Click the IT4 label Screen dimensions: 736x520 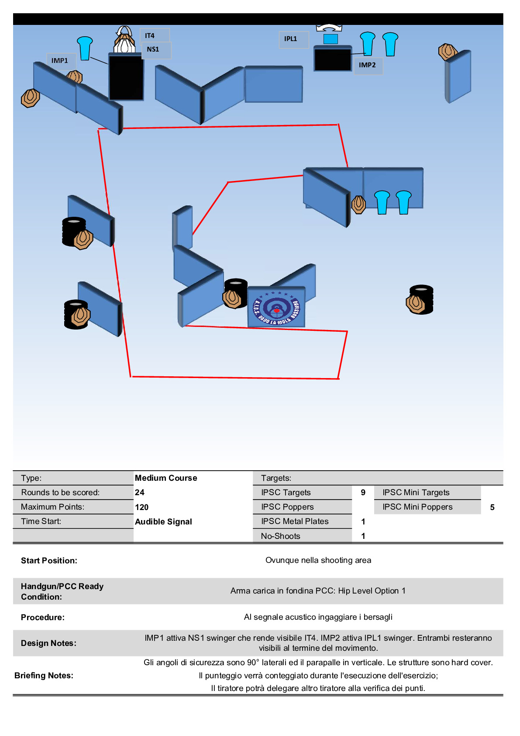click(x=150, y=35)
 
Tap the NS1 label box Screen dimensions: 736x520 click(x=154, y=49)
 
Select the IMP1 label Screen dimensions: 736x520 click(x=60, y=61)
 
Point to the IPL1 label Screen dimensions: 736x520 click(x=291, y=39)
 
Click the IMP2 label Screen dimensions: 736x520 click(x=367, y=65)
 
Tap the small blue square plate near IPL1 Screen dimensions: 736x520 click(x=331, y=39)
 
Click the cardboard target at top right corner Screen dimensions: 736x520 click(x=447, y=52)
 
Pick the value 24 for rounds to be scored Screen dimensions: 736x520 click(x=140, y=492)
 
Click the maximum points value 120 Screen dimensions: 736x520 click(x=142, y=507)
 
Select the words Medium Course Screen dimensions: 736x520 click(x=166, y=478)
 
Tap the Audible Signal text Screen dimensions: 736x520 click(x=164, y=521)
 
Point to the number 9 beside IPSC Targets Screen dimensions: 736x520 click(x=363, y=493)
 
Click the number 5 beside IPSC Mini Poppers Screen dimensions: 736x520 click(x=492, y=507)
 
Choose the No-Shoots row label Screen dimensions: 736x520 click(x=281, y=536)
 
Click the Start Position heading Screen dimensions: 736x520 click(x=49, y=560)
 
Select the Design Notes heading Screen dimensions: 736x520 click(x=48, y=643)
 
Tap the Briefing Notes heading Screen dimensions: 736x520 click(x=44, y=675)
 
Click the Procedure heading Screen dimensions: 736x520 click(x=43, y=617)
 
